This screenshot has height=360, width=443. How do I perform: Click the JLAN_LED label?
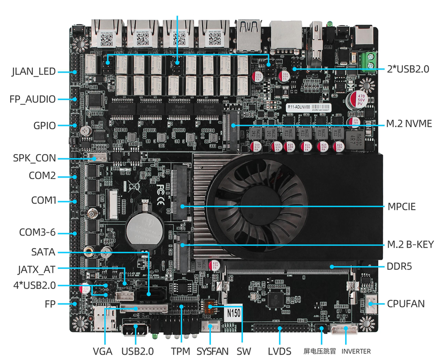pyautogui.click(x=34, y=72)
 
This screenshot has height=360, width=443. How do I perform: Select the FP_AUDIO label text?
pyautogui.click(x=33, y=99)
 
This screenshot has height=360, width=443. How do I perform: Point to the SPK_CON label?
pyautogui.click(x=35, y=158)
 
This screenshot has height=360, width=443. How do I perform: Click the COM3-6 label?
pyautogui.click(x=37, y=232)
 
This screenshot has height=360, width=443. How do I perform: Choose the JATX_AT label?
pyautogui.click(x=36, y=269)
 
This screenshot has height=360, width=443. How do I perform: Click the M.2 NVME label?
pyautogui.click(x=409, y=124)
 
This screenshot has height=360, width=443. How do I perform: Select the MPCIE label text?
pyautogui.click(x=401, y=206)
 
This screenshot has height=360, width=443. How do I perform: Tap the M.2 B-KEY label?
pyautogui.click(x=410, y=245)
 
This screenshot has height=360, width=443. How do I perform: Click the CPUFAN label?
pyautogui.click(x=406, y=303)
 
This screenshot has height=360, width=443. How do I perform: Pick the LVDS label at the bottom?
pyautogui.click(x=279, y=351)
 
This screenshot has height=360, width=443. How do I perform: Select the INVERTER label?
pyautogui.click(x=356, y=351)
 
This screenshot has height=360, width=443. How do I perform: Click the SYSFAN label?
pyautogui.click(x=213, y=351)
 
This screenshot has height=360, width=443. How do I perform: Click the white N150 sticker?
pyautogui.click(x=234, y=313)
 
